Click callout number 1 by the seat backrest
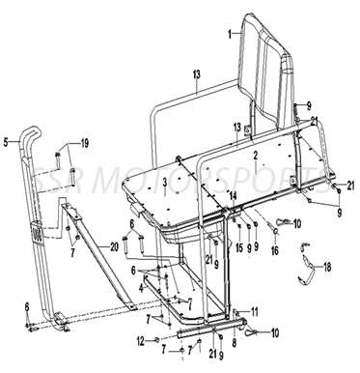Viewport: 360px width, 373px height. [230, 32]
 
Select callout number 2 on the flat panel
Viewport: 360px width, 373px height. [255, 155]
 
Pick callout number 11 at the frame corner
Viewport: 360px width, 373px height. [255, 310]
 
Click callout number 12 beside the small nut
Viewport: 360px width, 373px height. [141, 339]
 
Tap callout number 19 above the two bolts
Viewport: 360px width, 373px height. [84, 143]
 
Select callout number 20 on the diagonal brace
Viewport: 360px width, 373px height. [114, 247]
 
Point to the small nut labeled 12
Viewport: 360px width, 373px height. [156, 339]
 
